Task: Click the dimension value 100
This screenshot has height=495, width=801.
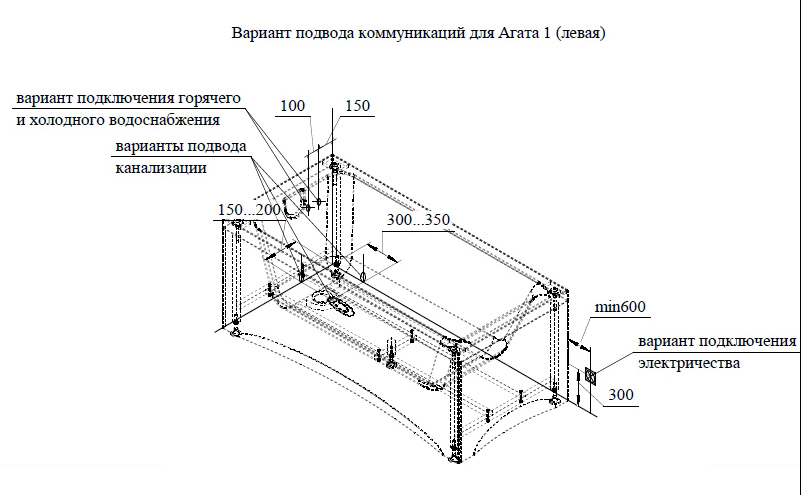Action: click(x=292, y=106)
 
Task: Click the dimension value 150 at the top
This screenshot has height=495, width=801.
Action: click(x=357, y=106)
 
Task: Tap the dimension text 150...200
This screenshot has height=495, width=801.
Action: click(x=249, y=209)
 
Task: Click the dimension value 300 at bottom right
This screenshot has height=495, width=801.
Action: click(x=621, y=395)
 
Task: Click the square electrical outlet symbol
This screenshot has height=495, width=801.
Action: click(x=591, y=375)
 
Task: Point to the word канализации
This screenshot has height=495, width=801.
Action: click(x=160, y=168)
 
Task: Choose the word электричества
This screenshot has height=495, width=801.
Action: click(x=690, y=363)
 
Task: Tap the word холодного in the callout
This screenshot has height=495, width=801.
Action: click(x=66, y=120)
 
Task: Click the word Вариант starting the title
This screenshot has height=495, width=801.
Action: click(x=257, y=33)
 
